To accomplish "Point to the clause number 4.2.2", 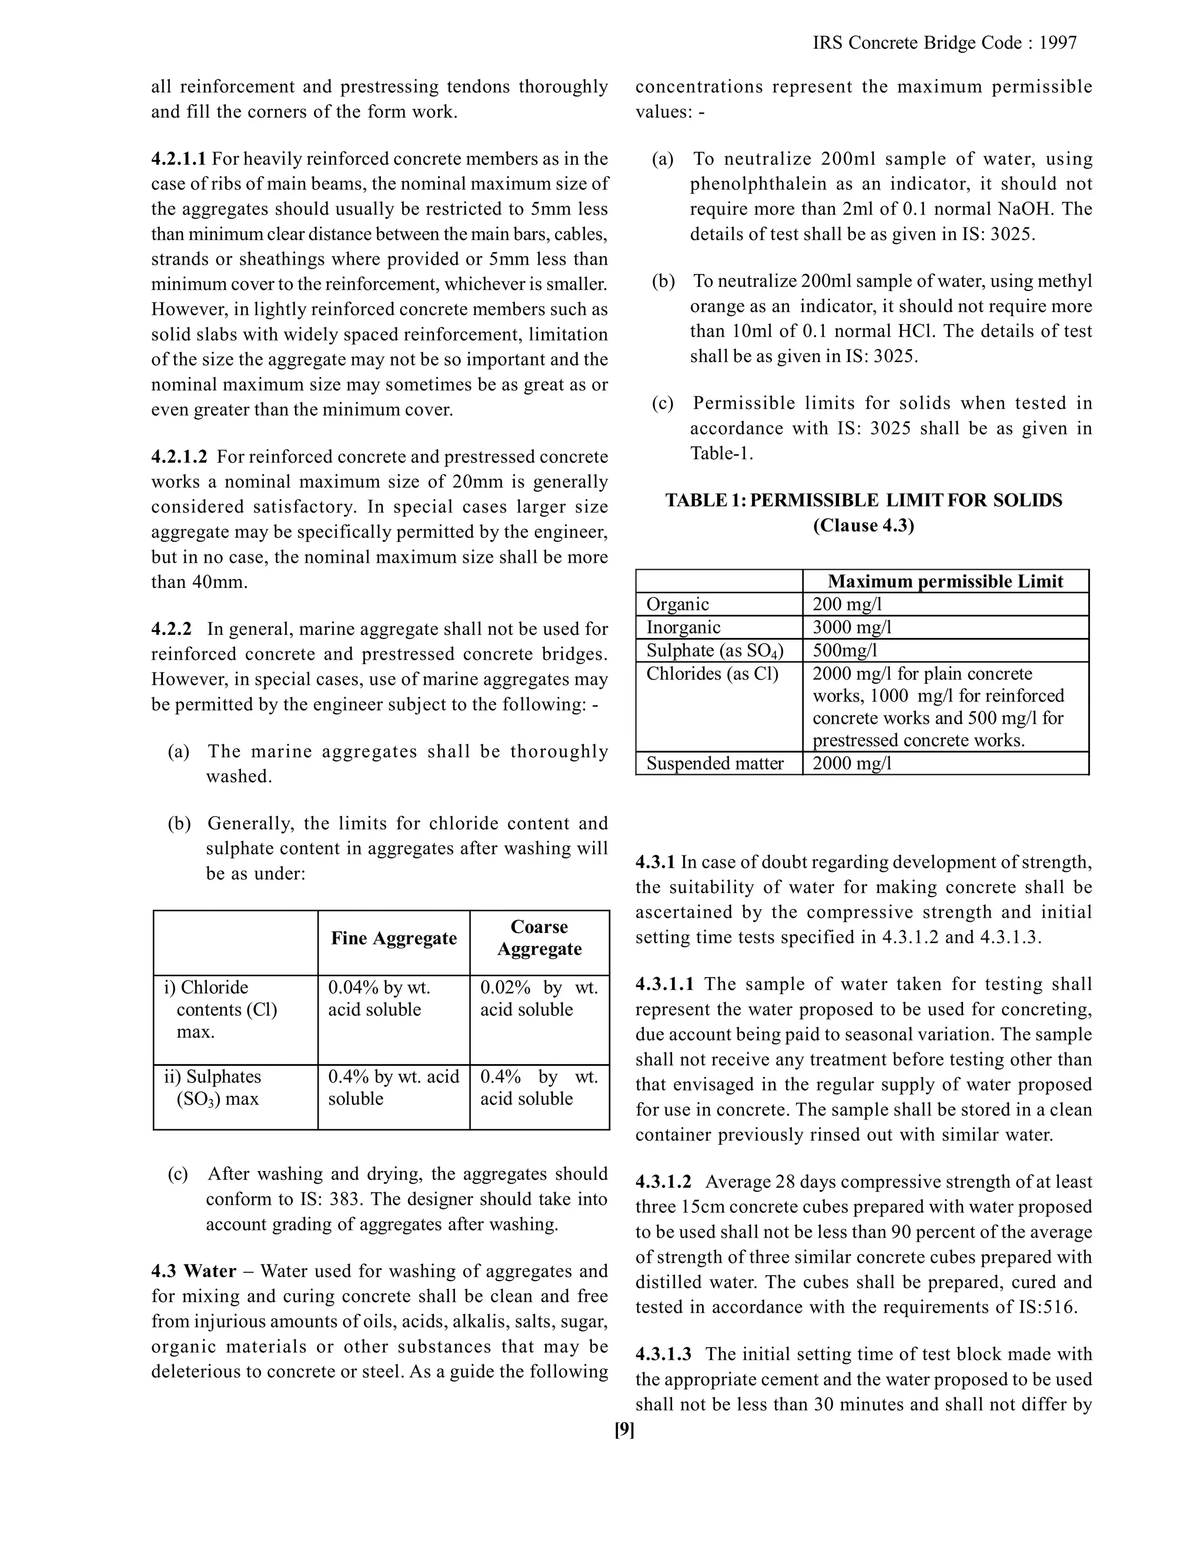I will pos(171,629).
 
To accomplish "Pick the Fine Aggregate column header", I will pos(394,938).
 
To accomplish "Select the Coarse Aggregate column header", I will pos(539,938).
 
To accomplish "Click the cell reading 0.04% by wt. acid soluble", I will pos(379,999).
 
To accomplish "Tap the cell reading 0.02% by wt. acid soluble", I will pos(539,999).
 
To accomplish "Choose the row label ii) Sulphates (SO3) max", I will pos(213,1087).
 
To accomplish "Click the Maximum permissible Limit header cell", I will pos(945,581).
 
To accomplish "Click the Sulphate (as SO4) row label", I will pos(715,651).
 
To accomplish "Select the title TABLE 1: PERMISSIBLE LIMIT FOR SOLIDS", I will pos(864,500).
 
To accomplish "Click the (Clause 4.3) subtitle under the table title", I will pos(864,526).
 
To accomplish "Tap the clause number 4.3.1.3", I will pos(663,1354).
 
